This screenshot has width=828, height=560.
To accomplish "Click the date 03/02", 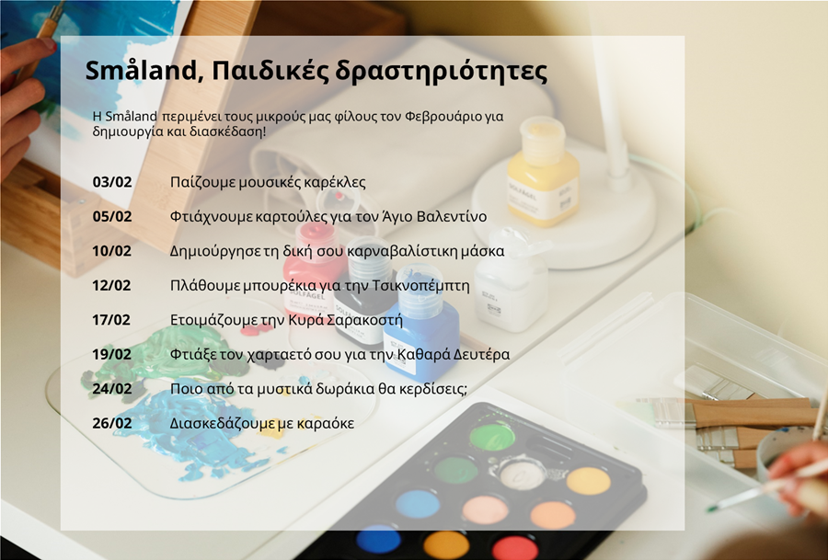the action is (x=112, y=182).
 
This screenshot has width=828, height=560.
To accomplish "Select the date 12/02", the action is (x=111, y=286).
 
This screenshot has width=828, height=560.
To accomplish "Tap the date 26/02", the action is (x=112, y=423).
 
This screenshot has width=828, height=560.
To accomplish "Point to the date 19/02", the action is (x=112, y=354).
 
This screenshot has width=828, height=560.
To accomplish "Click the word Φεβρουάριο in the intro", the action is (x=443, y=117).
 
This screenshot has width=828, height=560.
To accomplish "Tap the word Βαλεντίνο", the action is (x=452, y=216).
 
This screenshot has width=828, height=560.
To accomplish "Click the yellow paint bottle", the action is (x=543, y=173).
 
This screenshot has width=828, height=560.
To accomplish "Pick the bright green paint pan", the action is (x=492, y=437).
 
